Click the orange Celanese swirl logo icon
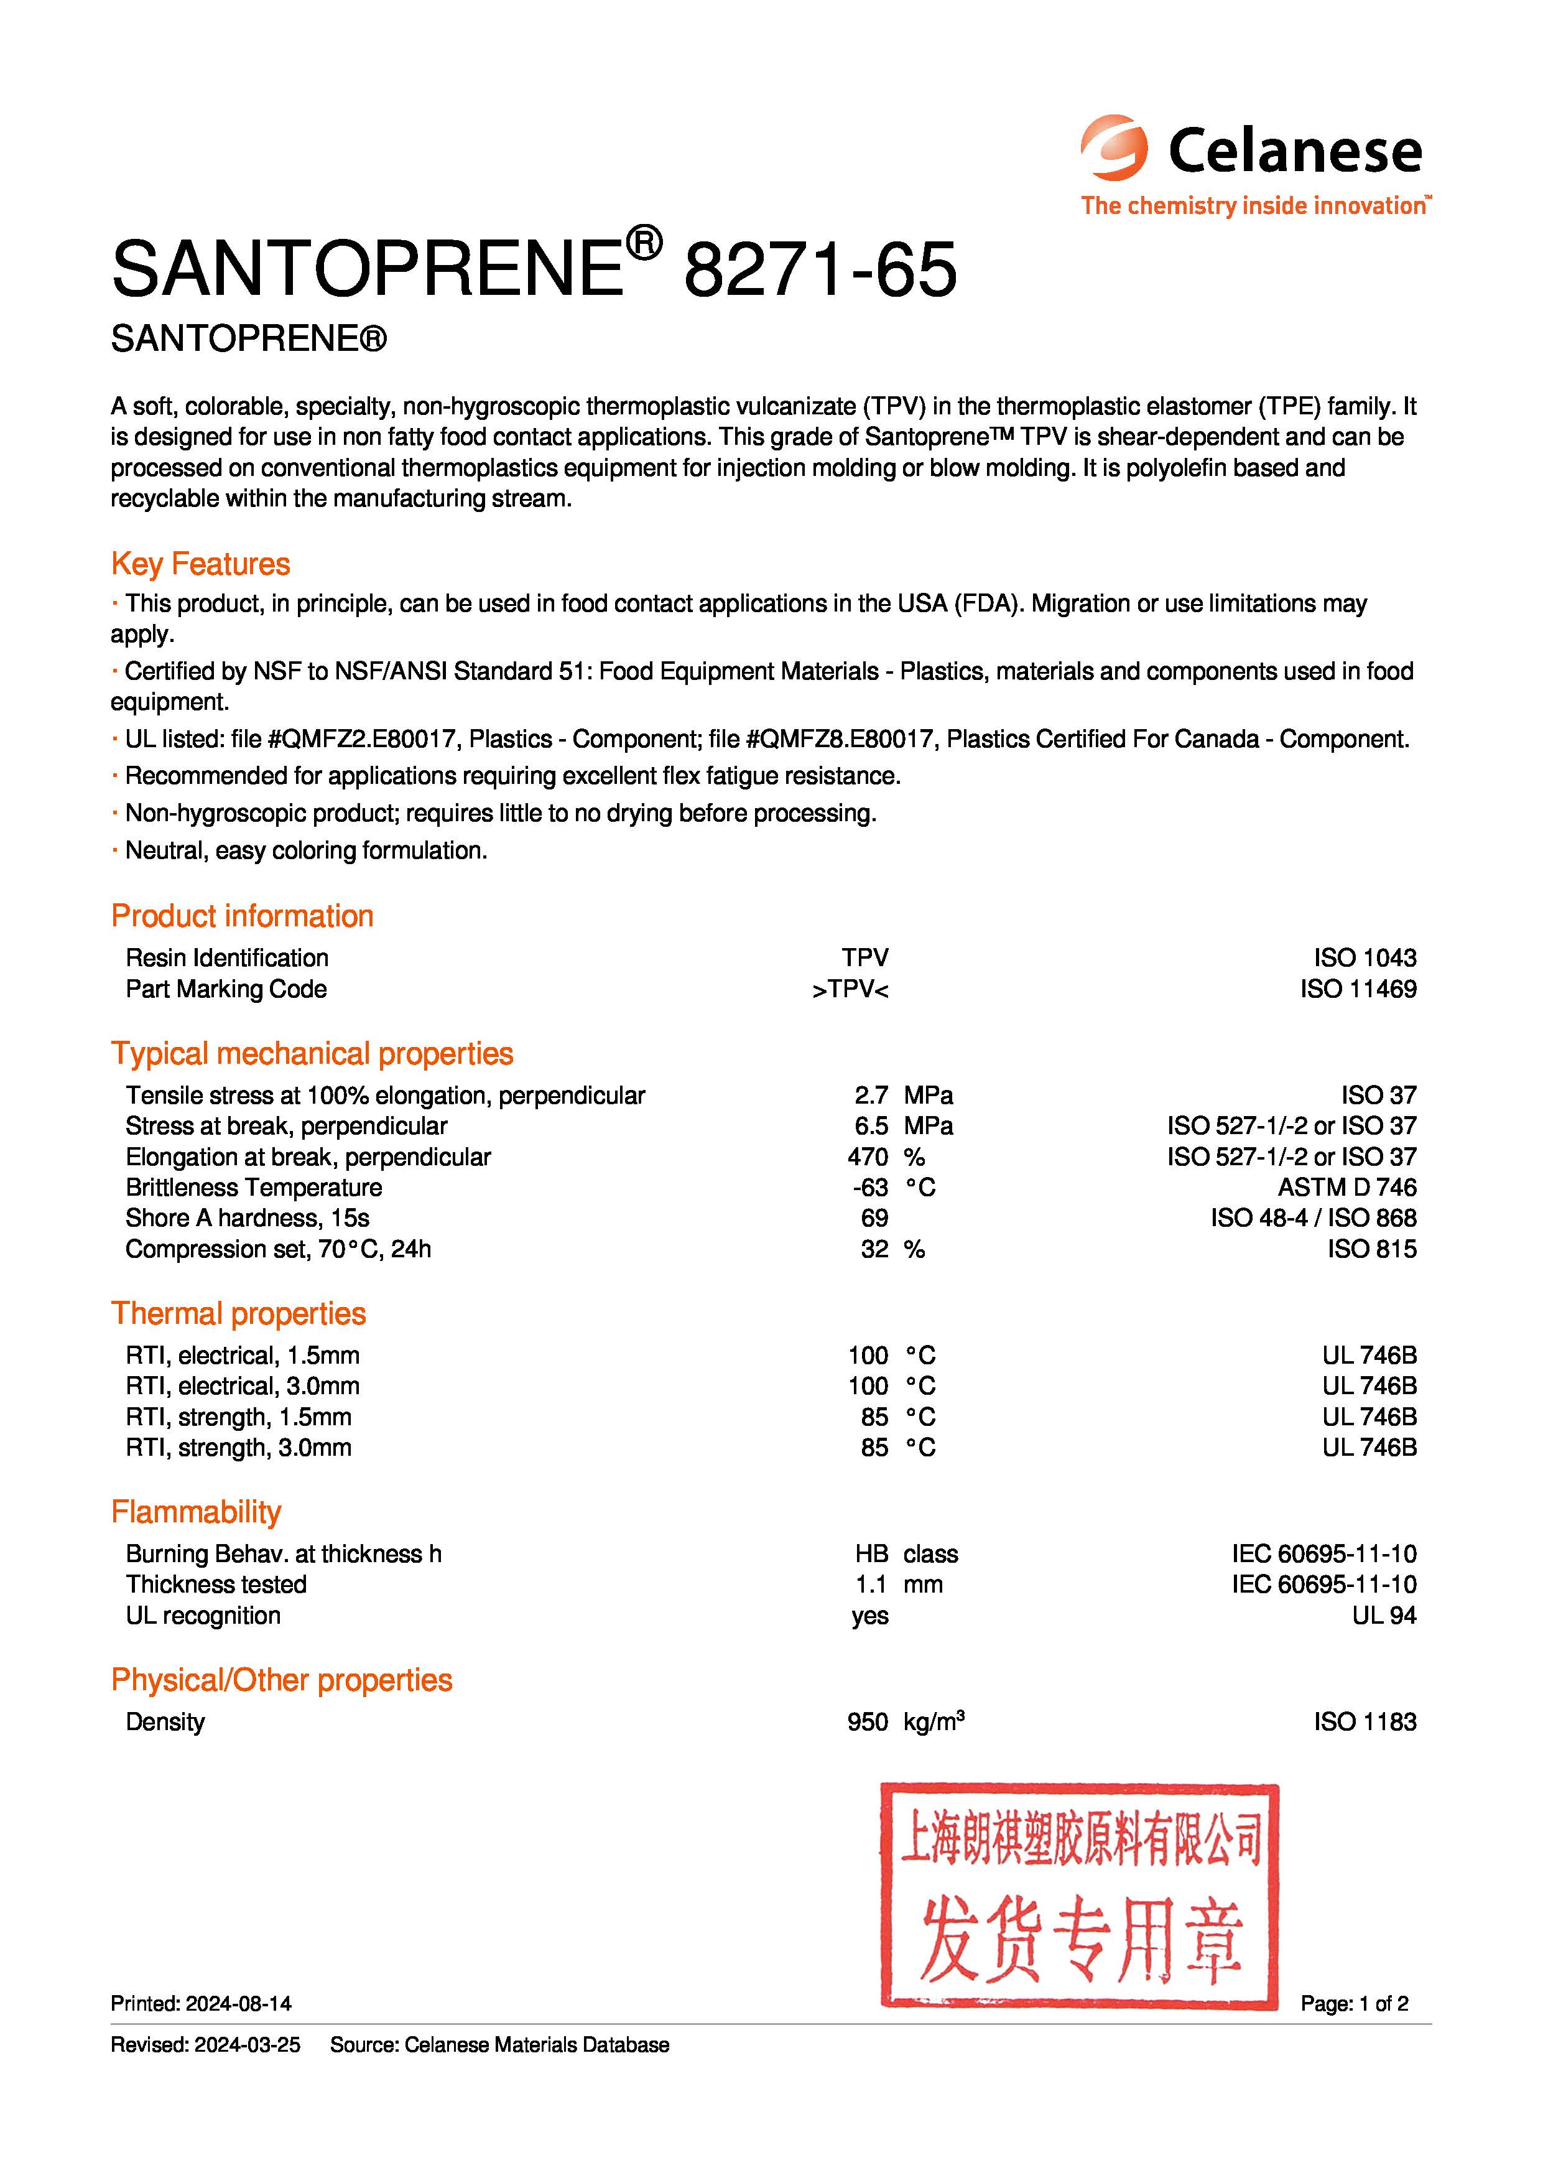[x=1113, y=148]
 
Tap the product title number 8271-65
[x=820, y=270]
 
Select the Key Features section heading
[x=201, y=564]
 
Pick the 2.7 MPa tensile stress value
[x=871, y=1096]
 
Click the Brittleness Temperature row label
[x=254, y=1188]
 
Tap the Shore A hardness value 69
[x=874, y=1218]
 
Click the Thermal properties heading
[x=239, y=1314]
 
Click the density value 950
[x=867, y=1722]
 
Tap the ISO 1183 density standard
[x=1365, y=1722]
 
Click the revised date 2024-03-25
[x=247, y=2044]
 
